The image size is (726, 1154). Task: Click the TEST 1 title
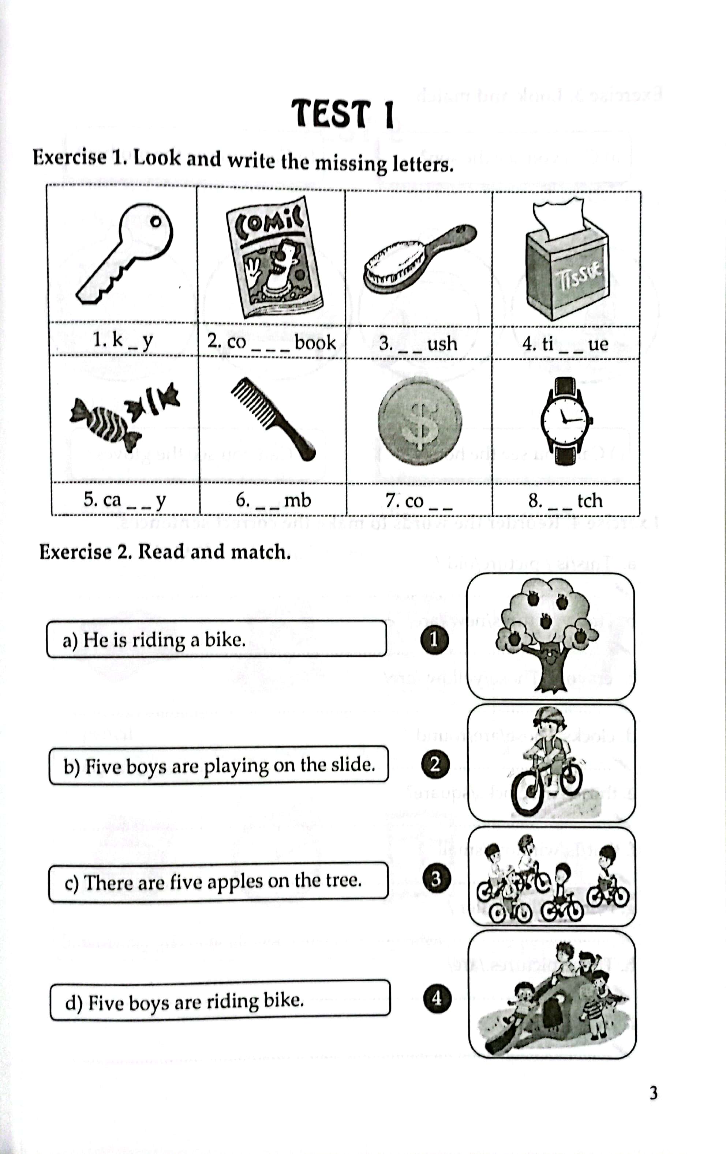(343, 114)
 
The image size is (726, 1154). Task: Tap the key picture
(124, 253)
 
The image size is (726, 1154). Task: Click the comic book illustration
(273, 258)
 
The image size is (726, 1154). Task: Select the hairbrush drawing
(419, 257)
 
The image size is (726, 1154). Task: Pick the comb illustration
(272, 418)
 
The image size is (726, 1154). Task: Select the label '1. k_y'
(123, 340)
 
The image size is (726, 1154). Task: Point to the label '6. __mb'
(273, 500)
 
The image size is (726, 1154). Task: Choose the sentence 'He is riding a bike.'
(216, 639)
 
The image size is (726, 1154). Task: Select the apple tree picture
(550, 636)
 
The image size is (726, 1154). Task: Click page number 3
(653, 1094)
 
